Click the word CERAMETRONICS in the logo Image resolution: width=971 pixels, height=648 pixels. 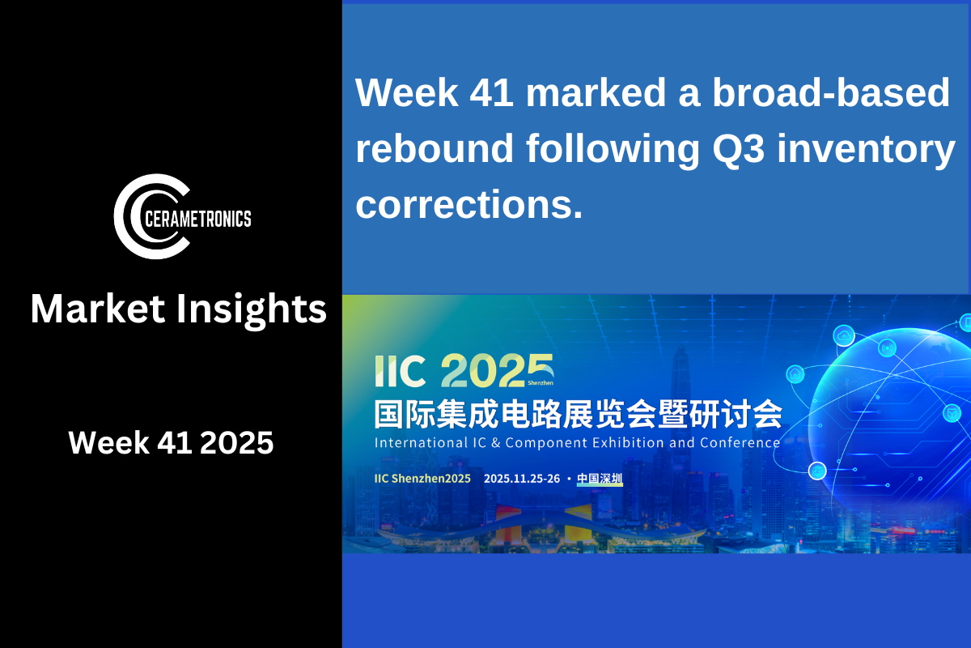(x=198, y=219)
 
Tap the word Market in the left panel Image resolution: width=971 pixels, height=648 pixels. (x=98, y=309)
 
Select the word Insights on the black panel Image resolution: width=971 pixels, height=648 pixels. (x=252, y=310)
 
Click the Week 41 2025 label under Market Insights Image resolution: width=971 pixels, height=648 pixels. (x=171, y=443)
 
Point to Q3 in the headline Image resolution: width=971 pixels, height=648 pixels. (x=738, y=148)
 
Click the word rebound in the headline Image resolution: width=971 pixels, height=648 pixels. (x=435, y=148)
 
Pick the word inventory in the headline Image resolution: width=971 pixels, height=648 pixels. (x=866, y=150)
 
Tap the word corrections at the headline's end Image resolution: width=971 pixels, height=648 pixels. (x=469, y=204)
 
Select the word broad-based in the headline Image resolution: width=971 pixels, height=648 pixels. (x=831, y=92)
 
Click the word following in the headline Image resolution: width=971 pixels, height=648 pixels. (x=613, y=150)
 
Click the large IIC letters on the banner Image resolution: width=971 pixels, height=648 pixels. (x=400, y=371)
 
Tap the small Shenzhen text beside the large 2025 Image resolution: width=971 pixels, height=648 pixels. (x=541, y=383)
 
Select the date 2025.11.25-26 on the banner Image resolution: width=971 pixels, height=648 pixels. (x=522, y=478)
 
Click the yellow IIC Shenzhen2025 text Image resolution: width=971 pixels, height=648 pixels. (x=422, y=478)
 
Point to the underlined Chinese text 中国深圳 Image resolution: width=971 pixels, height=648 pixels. (x=600, y=478)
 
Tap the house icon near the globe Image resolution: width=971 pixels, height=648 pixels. (x=795, y=374)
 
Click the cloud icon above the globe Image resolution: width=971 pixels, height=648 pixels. (x=844, y=335)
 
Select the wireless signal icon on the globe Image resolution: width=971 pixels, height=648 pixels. (x=888, y=348)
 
